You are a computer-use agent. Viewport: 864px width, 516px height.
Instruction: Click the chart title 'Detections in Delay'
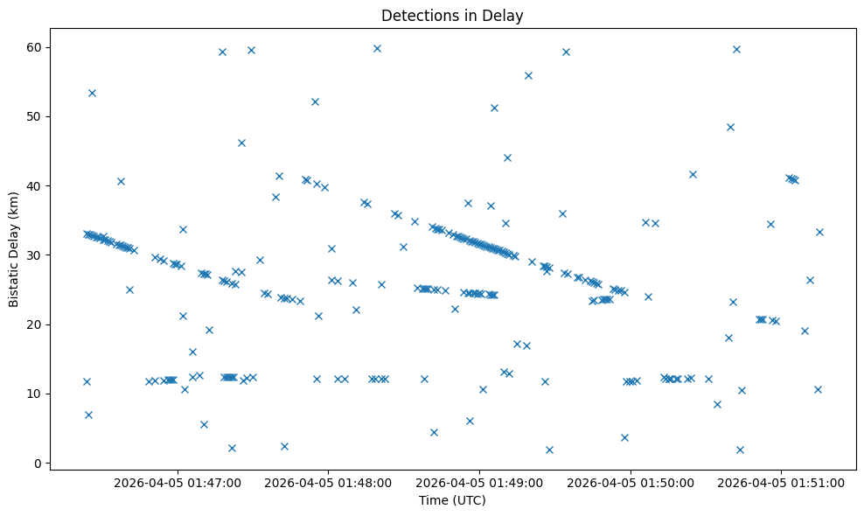click(452, 15)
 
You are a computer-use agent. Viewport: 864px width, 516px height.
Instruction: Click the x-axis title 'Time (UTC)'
click(452, 501)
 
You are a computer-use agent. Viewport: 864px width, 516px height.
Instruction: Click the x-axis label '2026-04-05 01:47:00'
click(178, 482)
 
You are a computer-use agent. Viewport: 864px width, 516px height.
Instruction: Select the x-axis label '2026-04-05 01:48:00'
click(329, 482)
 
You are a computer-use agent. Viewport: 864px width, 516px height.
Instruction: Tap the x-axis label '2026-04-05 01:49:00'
click(479, 482)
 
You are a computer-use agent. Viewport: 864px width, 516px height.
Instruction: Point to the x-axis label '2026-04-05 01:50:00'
click(631, 482)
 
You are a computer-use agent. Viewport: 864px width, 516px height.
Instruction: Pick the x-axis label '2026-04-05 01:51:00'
click(781, 482)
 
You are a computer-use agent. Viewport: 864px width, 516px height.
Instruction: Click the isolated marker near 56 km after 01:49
click(528, 75)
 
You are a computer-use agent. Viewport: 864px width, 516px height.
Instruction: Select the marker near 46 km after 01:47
click(241, 143)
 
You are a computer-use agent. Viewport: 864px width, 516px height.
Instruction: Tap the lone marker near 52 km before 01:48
click(315, 101)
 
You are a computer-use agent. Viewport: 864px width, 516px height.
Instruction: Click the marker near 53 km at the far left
click(92, 93)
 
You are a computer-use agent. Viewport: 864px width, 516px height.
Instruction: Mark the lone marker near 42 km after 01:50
click(693, 174)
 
